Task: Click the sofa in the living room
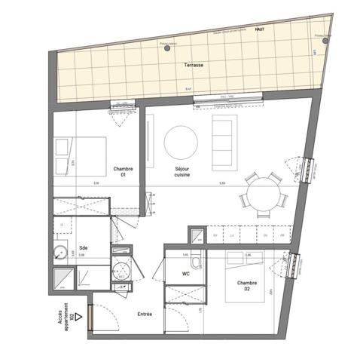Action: click(x=223, y=142)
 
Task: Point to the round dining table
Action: click(x=264, y=193)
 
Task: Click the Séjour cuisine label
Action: click(x=182, y=171)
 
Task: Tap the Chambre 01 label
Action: click(x=123, y=172)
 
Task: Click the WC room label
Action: click(x=185, y=274)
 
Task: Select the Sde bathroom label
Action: click(x=83, y=248)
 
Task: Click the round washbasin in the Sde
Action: click(x=60, y=253)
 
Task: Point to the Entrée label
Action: click(x=145, y=314)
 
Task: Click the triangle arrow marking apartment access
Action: click(x=78, y=318)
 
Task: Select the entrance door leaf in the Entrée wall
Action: click(x=90, y=317)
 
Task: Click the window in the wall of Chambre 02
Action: click(x=294, y=265)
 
